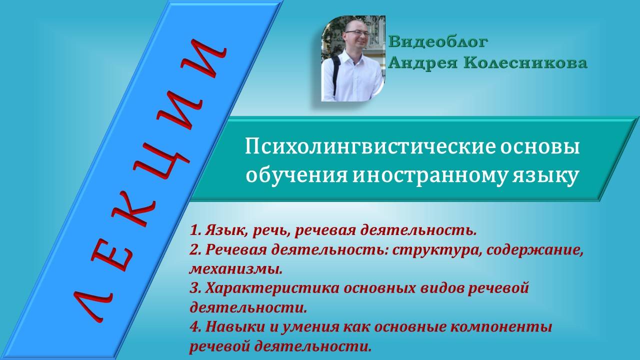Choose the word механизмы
coord(235,269)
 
